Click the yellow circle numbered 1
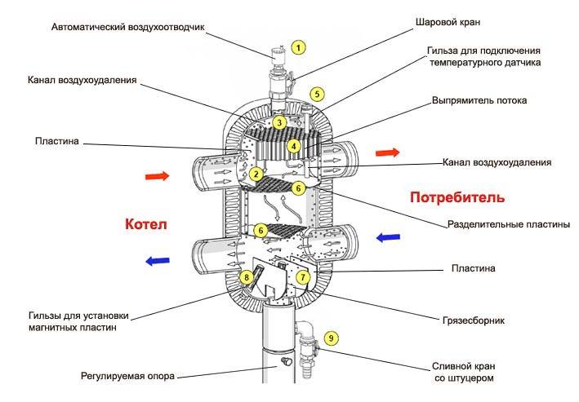click(299, 47)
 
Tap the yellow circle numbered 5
click(318, 94)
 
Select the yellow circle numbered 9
click(330, 337)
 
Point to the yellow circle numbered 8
click(247, 278)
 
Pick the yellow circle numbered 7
click(303, 277)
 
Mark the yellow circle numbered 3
click(279, 123)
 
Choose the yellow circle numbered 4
click(293, 146)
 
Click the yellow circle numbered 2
click(256, 174)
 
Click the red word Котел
click(146, 224)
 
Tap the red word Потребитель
click(457, 197)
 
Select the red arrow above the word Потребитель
click(388, 152)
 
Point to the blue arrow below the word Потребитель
click(388, 237)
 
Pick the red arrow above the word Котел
click(158, 175)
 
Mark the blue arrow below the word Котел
click(158, 261)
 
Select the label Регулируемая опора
click(127, 376)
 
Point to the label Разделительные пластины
click(507, 224)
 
